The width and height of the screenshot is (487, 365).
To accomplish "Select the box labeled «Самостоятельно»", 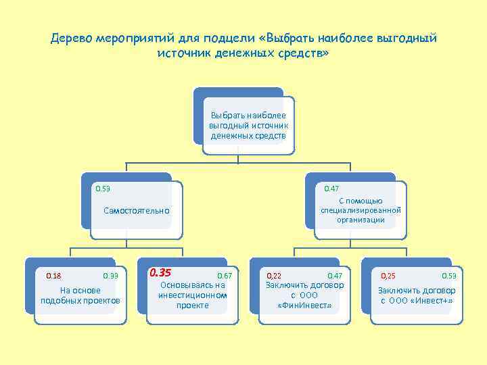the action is click(x=137, y=211).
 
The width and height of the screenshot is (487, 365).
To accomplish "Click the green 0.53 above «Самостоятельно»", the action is click(x=103, y=188).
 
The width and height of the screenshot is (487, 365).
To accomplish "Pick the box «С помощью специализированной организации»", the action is click(x=361, y=210).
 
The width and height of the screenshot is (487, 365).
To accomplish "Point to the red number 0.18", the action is click(x=53, y=276).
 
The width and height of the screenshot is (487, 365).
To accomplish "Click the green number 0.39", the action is click(x=110, y=276).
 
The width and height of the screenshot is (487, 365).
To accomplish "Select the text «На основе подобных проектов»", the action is click(x=80, y=295).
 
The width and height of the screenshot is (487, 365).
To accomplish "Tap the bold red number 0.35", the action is click(x=160, y=272).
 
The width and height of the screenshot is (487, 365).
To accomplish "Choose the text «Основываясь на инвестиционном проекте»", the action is click(x=192, y=295).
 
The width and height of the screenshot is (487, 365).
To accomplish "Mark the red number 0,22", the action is click(x=274, y=276).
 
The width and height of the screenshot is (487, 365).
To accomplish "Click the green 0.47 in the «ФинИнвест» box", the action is click(x=335, y=276).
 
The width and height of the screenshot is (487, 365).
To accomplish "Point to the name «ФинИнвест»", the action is click(x=305, y=306).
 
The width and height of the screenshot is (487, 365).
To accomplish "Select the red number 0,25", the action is click(x=388, y=276).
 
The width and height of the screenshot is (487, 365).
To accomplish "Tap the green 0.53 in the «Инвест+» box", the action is click(x=449, y=276).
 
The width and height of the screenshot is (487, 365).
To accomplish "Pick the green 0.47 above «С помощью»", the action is click(x=332, y=188).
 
